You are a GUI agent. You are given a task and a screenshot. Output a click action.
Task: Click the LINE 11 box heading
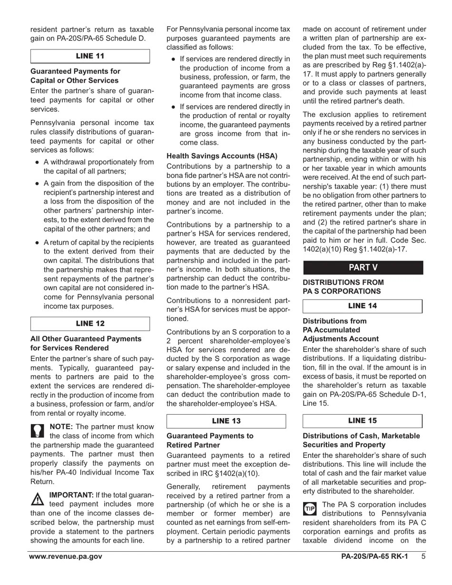pyautogui.click(x=90, y=56)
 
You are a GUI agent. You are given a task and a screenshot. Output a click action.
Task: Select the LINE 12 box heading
pyautogui.click(x=90, y=323)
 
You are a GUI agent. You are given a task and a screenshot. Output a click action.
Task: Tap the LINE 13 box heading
pyautogui.click(x=226, y=421)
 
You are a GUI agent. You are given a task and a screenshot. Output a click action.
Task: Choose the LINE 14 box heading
pyautogui.click(x=362, y=306)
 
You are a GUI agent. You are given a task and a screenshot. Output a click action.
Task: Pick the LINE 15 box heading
pyautogui.click(x=362, y=420)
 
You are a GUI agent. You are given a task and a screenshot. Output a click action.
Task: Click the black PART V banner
pyautogui.click(x=363, y=267)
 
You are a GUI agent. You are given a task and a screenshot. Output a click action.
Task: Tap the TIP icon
pyautogui.click(x=310, y=508)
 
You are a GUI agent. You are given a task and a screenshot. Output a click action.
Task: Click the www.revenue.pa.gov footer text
pyautogui.click(x=66, y=556)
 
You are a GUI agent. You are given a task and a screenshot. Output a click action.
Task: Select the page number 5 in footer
pyautogui.click(x=423, y=556)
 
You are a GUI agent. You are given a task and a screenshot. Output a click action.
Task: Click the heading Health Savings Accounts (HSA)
pyautogui.click(x=222, y=156)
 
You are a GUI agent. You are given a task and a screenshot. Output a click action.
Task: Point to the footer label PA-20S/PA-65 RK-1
pyautogui.click(x=374, y=556)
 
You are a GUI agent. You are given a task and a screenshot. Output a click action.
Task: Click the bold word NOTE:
pyautogui.click(x=61, y=427)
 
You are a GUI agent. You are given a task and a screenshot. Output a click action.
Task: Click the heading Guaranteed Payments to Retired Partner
pyautogui.click(x=210, y=440)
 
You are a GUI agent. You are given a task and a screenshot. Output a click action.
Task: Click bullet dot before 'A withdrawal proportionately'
pyautogui.click(x=37, y=162)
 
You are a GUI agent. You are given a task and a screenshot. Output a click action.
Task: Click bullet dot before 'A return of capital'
pyautogui.click(x=37, y=243)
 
